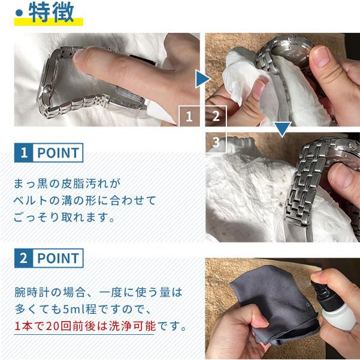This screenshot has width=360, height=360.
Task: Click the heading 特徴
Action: point(51,13)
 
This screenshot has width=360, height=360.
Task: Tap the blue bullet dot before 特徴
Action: point(19,13)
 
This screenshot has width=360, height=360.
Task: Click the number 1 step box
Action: point(189,116)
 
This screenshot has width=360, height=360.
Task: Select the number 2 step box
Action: point(216,116)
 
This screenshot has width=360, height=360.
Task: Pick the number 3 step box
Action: point(216,143)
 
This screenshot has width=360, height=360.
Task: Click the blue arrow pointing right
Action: point(203,79)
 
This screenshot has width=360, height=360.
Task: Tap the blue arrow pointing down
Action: point(282,129)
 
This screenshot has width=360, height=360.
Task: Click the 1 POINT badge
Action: point(49,153)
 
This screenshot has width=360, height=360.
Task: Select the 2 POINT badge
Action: point(49,258)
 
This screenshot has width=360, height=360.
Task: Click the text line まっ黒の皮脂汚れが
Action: point(67,184)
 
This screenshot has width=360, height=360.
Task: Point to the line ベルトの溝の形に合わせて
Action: point(84,201)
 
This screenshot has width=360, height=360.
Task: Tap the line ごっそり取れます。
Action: point(64,217)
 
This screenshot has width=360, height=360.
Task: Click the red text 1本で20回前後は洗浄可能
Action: point(85,326)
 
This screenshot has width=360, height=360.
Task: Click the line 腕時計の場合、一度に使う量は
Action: point(98,292)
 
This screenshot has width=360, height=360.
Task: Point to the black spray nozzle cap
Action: point(323,292)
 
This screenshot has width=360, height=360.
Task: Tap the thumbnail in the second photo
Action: point(320,56)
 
